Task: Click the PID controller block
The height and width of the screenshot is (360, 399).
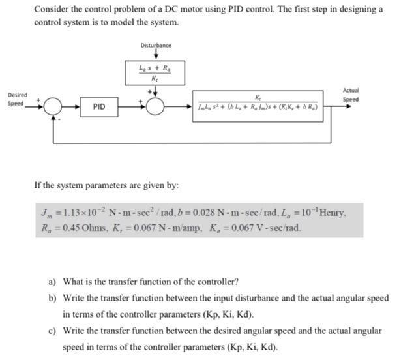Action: (98, 105)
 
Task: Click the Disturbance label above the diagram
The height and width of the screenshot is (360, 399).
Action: (156, 45)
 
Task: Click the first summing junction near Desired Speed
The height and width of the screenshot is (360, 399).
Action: (52, 106)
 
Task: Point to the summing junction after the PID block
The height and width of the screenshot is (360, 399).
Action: (155, 106)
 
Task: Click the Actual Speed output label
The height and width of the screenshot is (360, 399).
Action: (350, 95)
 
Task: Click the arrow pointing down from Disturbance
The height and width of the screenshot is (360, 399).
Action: (156, 54)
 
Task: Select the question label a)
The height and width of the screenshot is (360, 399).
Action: (52, 282)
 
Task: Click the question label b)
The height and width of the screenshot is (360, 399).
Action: (52, 297)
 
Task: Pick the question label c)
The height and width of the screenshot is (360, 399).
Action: (52, 331)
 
